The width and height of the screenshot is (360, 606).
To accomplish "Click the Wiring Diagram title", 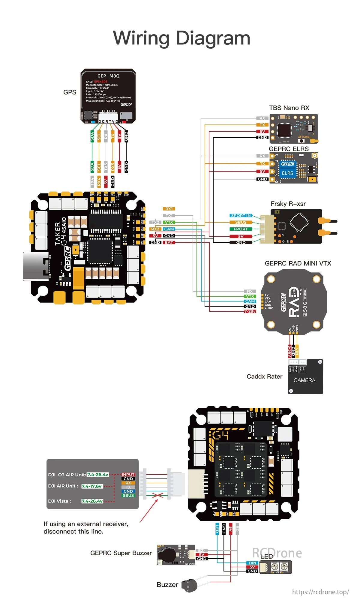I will (x=181, y=38).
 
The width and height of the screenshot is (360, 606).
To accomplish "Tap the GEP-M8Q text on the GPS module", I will (x=108, y=76).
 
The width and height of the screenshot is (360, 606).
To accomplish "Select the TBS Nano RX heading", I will (x=289, y=108).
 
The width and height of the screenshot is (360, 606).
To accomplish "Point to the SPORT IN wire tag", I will (x=241, y=215).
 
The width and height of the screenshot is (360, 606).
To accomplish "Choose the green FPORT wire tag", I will (x=241, y=229).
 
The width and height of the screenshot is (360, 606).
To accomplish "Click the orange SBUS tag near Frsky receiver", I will (x=241, y=222).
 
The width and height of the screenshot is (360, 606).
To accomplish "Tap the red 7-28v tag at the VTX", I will (x=250, y=311).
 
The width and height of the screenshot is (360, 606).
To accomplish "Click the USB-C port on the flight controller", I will (x=36, y=266).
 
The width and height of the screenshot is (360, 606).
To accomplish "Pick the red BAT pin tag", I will (x=169, y=242).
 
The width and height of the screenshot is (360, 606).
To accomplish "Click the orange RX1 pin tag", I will (x=169, y=209).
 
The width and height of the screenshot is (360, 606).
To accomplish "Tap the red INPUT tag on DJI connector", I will (x=128, y=475).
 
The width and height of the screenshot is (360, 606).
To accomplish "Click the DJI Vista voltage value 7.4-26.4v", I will (x=92, y=501).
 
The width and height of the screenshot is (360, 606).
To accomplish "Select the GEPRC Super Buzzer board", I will (x=176, y=555).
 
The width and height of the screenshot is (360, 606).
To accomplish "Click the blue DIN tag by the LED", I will (x=252, y=563).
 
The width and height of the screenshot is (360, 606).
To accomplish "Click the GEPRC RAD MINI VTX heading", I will (x=298, y=263).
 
